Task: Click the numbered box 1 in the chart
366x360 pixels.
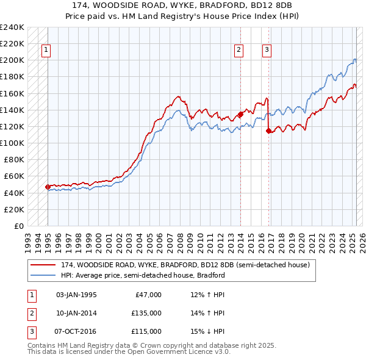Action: point(46,51)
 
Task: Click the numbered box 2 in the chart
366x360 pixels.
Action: point(239,51)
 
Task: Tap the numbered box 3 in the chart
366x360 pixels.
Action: point(267,51)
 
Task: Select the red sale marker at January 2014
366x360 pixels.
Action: point(240,113)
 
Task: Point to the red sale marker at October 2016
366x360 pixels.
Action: point(268,130)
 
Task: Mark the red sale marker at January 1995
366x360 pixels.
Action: point(48,187)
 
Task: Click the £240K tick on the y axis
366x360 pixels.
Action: point(12,27)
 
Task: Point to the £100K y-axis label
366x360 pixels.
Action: point(12,143)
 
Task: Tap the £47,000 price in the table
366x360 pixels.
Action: point(146,295)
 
